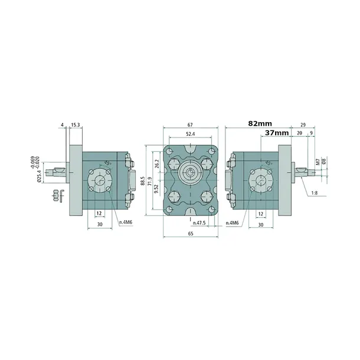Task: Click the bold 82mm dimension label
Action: coord(260,123)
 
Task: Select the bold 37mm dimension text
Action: coord(277,133)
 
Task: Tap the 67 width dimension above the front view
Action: coord(191,125)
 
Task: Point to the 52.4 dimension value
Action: coord(191,134)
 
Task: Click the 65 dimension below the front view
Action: coord(191,234)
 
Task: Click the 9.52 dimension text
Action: coord(157,189)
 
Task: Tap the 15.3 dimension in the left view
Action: coord(76,125)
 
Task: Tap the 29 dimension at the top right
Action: coord(303,125)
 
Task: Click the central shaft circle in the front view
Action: coord(191,172)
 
